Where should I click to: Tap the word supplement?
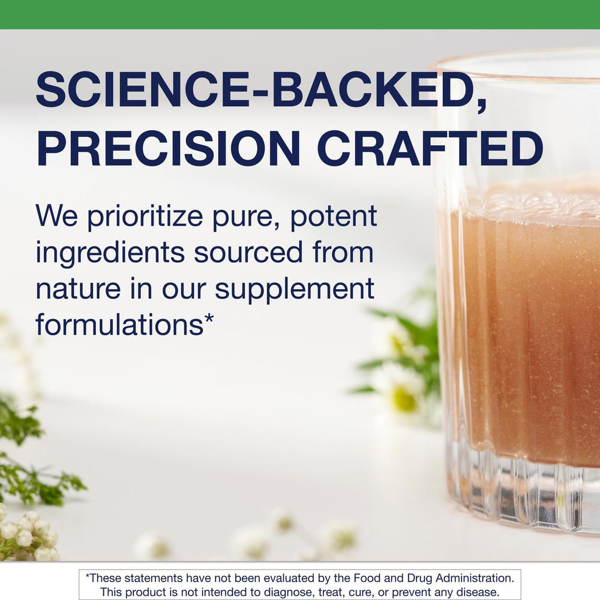(x=294, y=290)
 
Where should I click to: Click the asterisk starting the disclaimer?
(x=87, y=577)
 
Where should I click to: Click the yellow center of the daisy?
(x=405, y=400)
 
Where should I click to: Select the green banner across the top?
(x=300, y=14)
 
